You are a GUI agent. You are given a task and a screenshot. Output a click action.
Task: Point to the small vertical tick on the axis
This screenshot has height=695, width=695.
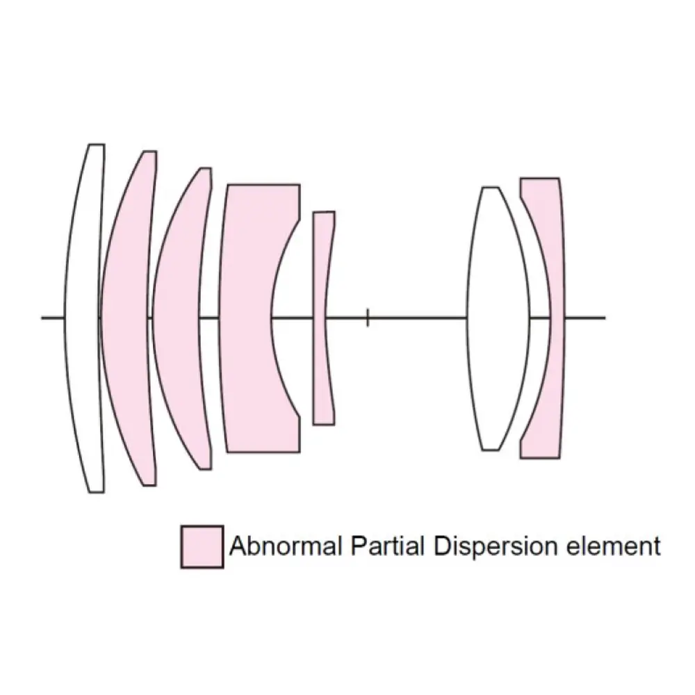pos(368,318)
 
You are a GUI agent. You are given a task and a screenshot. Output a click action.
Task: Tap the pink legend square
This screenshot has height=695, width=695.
pos(202,547)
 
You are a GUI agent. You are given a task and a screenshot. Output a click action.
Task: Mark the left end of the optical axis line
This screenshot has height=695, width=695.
pos(43,318)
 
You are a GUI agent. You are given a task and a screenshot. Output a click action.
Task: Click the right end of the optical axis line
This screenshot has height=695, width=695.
pos(605,318)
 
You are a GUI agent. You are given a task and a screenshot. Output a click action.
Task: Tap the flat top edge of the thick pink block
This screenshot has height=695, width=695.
pos(263,185)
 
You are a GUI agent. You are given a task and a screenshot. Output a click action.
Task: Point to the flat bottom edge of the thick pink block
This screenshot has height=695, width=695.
pos(263,452)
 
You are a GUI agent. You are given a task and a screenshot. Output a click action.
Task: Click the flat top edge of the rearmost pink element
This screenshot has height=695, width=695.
pos(540,179)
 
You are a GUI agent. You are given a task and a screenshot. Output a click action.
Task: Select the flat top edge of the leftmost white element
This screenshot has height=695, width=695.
pos(96,145)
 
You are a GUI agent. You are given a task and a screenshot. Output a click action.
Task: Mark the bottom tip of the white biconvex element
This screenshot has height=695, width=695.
pos(491,450)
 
